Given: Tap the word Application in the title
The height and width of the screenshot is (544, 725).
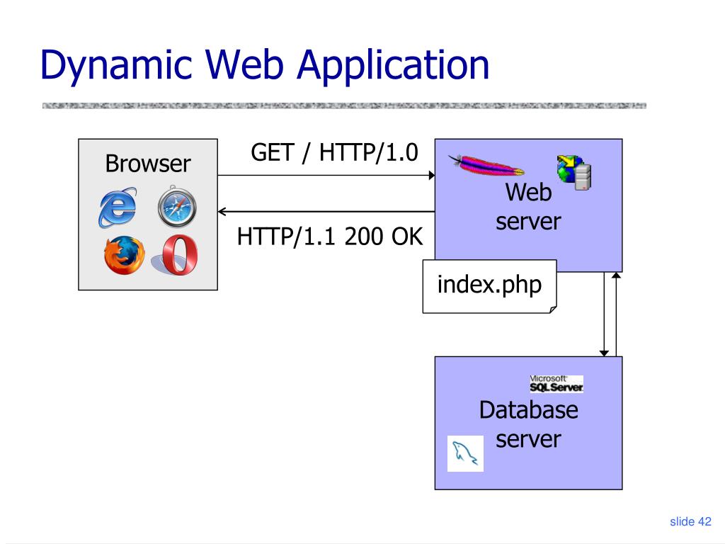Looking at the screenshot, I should [393, 65].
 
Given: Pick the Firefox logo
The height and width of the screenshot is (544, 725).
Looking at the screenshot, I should [124, 255].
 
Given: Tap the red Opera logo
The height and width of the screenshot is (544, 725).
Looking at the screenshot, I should [179, 255].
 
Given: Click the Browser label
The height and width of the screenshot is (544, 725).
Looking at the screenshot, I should [148, 164].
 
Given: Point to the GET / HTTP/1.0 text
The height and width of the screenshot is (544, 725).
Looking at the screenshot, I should [334, 152].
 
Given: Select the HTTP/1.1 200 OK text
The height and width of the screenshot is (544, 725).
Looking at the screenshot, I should [330, 237].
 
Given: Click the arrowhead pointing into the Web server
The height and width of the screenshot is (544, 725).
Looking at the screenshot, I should [430, 175].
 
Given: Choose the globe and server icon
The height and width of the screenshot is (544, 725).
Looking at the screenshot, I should [574, 172].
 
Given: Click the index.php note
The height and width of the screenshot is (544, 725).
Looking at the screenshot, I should [489, 285].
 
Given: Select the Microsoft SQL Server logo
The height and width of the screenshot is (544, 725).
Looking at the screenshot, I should [556, 383].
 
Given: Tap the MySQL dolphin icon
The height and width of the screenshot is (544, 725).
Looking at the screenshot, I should [466, 453].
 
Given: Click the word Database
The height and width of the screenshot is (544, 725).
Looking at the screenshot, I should [528, 409].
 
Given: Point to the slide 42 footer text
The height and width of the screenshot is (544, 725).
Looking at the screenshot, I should [690, 522].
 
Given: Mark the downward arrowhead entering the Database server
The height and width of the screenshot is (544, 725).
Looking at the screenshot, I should [604, 352].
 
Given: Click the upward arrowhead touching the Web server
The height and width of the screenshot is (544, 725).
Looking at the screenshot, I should [616, 276].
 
